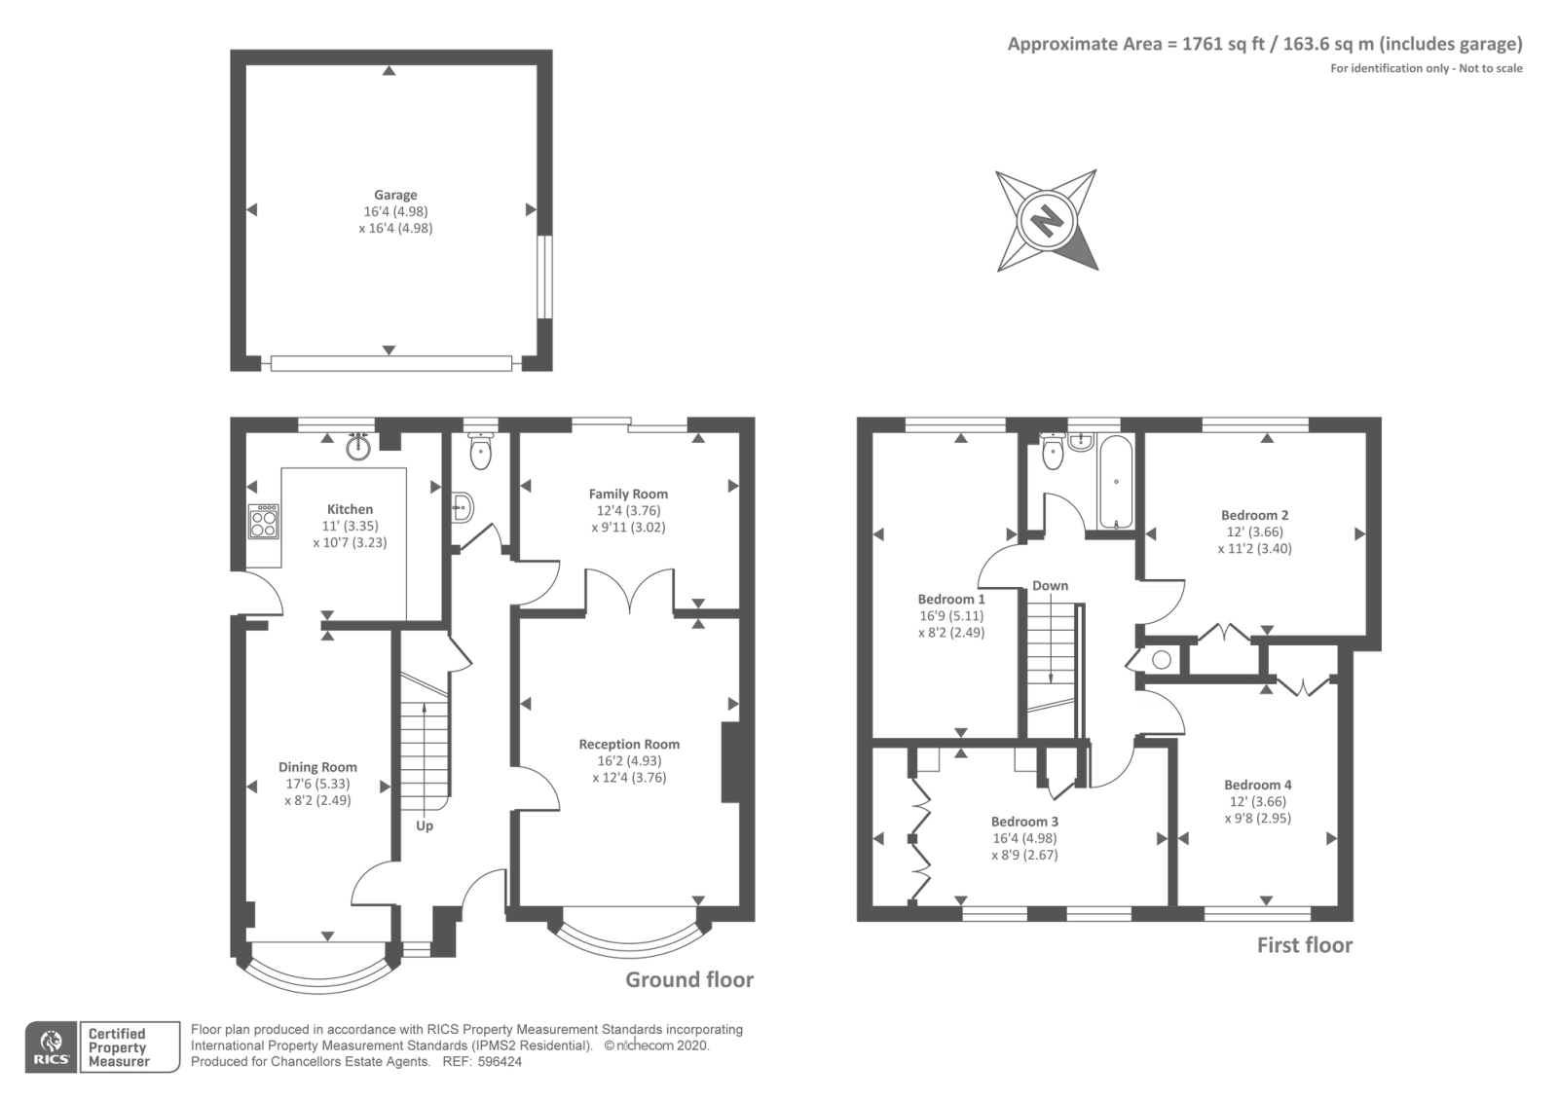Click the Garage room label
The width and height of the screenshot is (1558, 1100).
(x=395, y=195)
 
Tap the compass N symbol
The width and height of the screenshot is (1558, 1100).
(x=1047, y=221)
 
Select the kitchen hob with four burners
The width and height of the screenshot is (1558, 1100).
(x=264, y=521)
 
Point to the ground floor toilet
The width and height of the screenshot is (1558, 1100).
(x=480, y=451)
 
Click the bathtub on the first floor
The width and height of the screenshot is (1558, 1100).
(x=1115, y=481)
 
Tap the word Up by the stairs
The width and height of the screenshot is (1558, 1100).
(x=425, y=826)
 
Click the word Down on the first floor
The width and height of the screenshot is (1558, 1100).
(x=1050, y=585)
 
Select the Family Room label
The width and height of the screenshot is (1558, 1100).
(x=628, y=494)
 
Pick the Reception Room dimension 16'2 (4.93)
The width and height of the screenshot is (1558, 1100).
(x=629, y=760)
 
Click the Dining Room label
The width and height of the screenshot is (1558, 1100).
(x=317, y=767)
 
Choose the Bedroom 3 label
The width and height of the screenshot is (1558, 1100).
(x=1024, y=822)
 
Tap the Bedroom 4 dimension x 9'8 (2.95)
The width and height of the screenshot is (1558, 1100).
(x=1257, y=819)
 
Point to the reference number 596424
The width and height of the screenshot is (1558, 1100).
(x=500, y=1062)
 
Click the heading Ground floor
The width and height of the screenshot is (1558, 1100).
(x=689, y=979)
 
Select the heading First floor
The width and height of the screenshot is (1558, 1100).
(x=1305, y=945)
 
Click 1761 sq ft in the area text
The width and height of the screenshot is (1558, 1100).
(x=1223, y=44)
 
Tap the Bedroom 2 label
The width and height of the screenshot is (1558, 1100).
(x=1255, y=515)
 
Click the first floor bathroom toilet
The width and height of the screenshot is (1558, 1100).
(x=1053, y=451)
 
